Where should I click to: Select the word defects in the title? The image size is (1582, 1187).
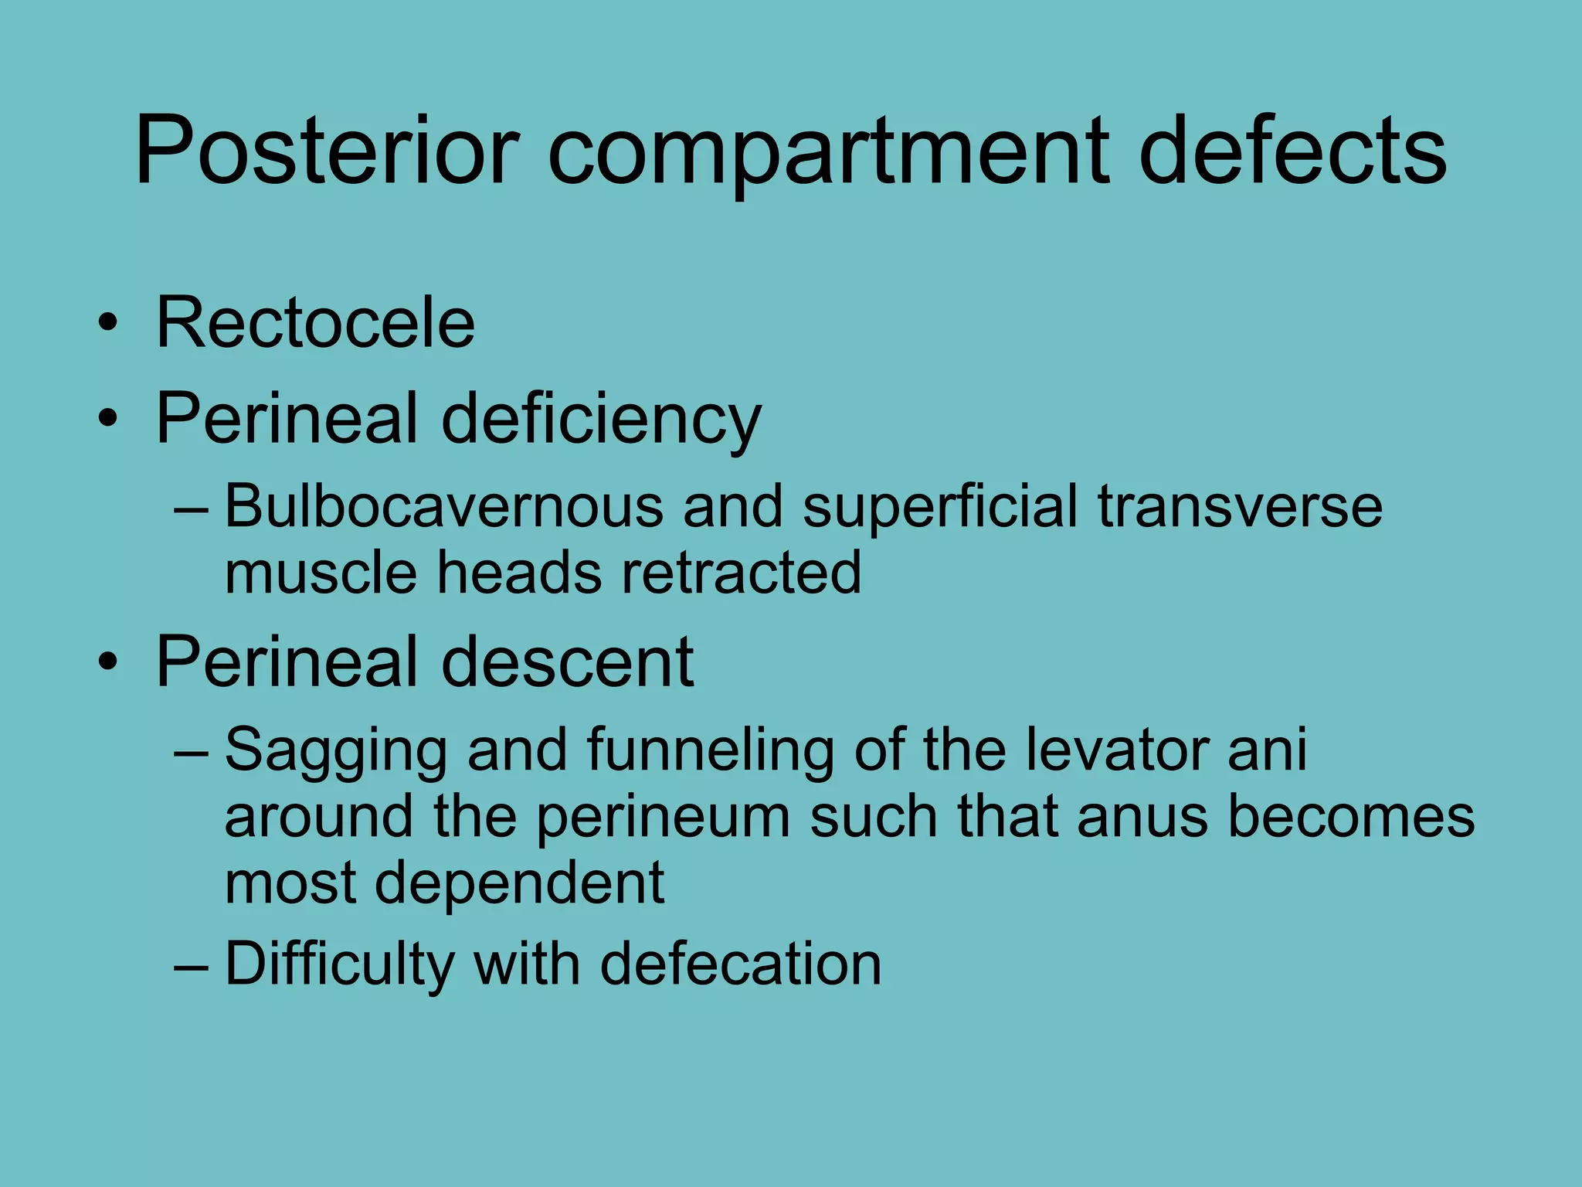click(x=1292, y=151)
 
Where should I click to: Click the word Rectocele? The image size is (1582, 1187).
click(x=315, y=323)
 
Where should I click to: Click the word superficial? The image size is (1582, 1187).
click(x=939, y=508)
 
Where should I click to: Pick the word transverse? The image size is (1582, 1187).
click(x=1240, y=508)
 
